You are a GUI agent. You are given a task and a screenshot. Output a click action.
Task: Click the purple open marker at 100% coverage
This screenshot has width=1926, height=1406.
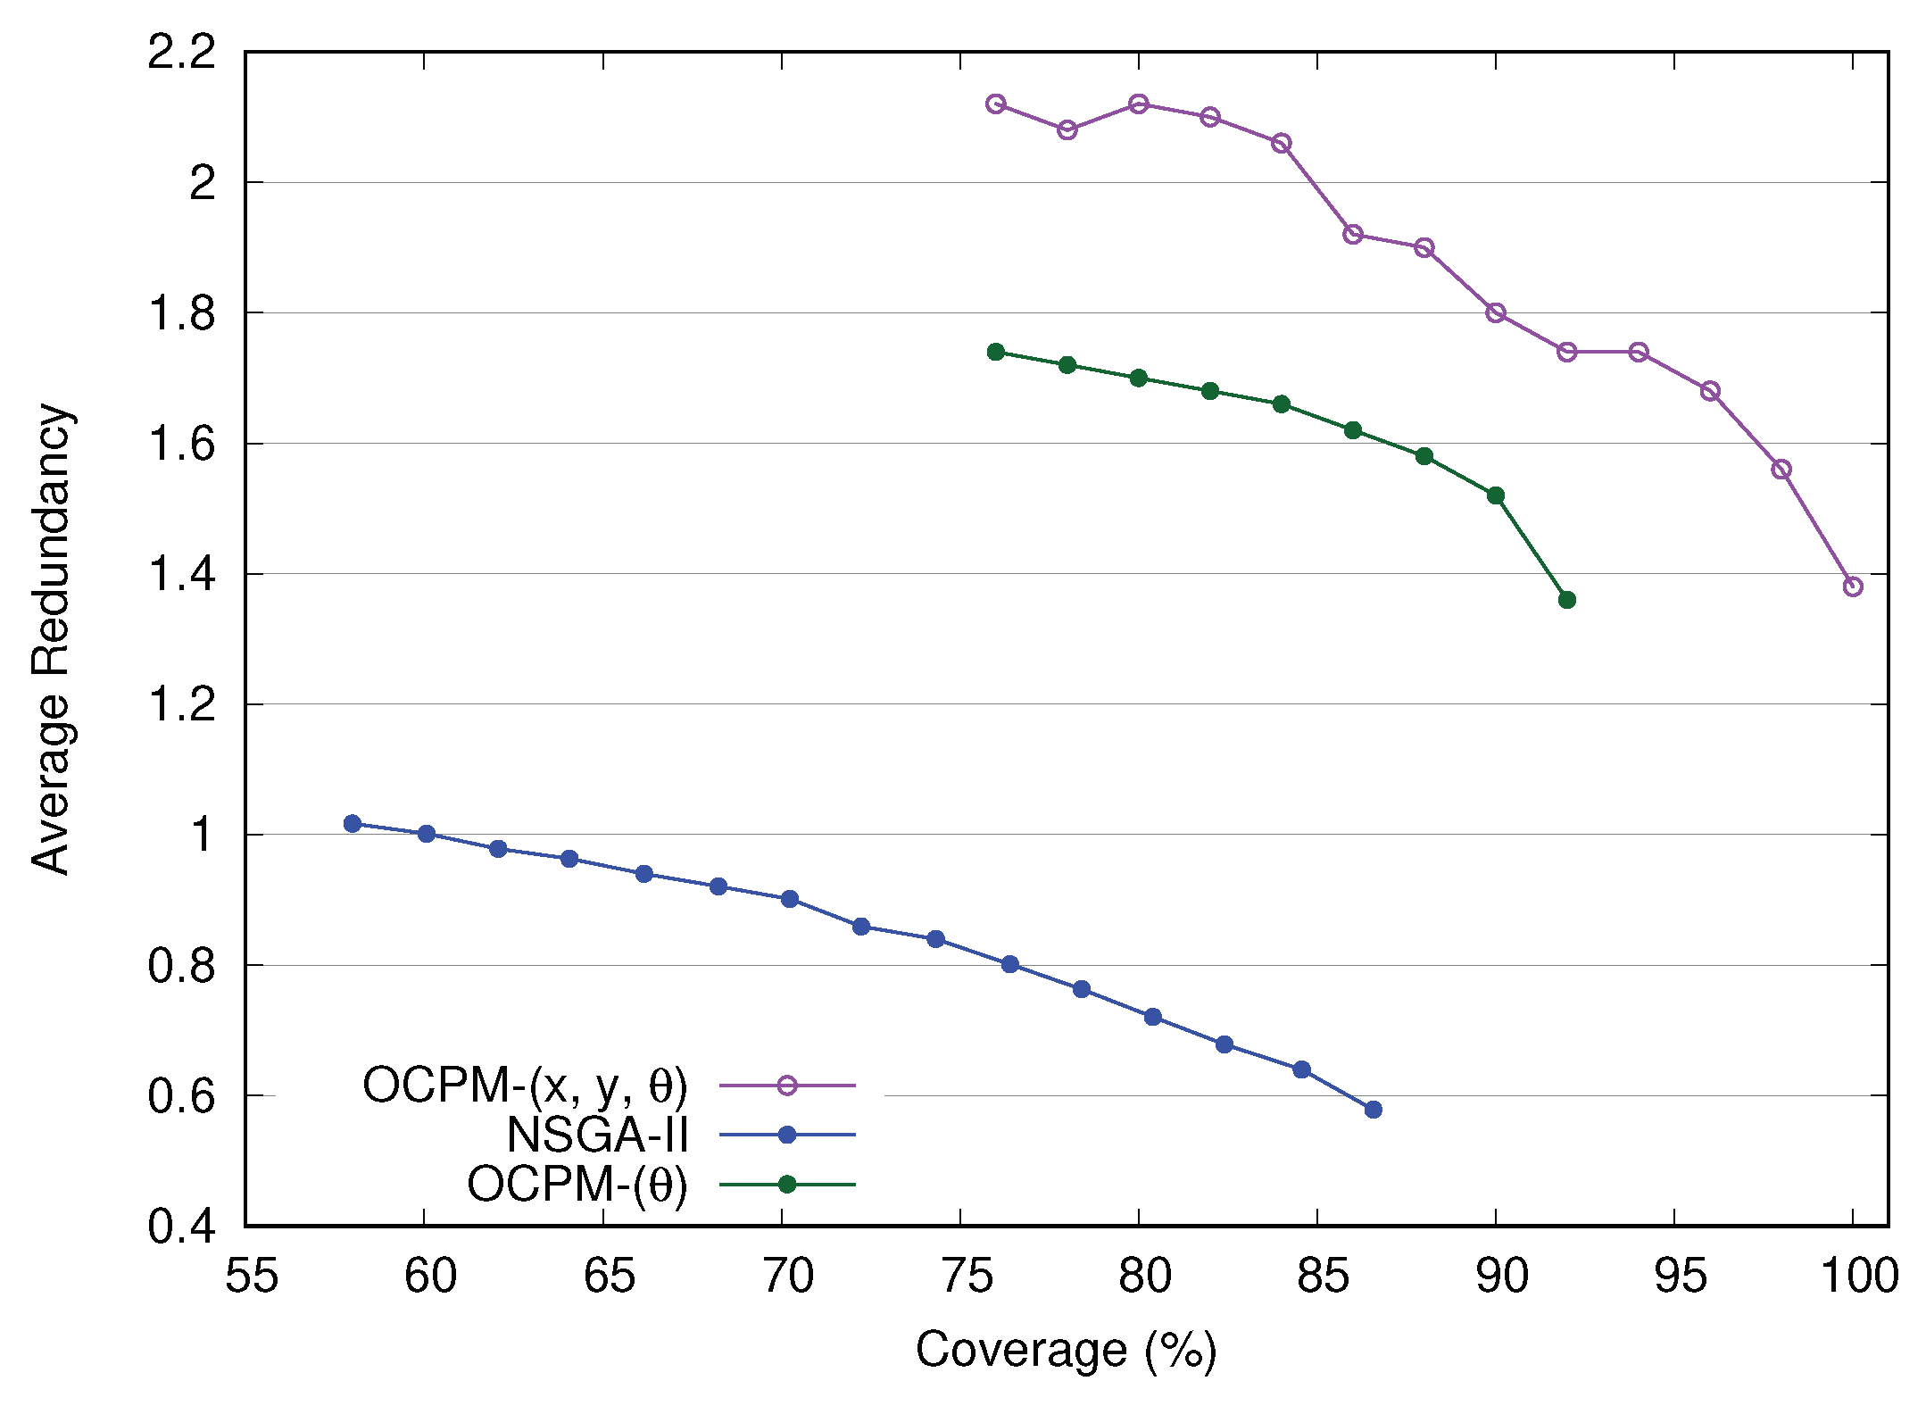(1852, 587)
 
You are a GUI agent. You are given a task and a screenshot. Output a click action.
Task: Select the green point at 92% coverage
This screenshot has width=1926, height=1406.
(1566, 600)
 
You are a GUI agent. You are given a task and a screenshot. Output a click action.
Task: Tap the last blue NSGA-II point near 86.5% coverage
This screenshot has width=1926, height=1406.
(1373, 1110)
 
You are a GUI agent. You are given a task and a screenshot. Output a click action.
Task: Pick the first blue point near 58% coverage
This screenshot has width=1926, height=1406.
(353, 823)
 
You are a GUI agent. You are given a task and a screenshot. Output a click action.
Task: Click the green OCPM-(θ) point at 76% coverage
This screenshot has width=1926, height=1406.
(996, 352)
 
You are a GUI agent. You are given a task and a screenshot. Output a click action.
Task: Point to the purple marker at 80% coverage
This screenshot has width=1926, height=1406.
(1138, 104)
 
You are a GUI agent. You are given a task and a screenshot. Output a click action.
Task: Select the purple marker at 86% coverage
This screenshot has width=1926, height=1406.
(1352, 235)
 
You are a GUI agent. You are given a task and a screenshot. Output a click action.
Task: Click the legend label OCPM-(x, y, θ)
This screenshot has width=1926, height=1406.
(525, 1086)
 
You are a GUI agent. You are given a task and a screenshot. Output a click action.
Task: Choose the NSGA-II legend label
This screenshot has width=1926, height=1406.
(597, 1136)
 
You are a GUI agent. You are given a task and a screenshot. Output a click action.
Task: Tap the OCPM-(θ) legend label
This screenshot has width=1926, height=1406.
(577, 1185)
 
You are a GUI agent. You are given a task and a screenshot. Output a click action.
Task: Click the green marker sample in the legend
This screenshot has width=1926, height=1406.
(786, 1185)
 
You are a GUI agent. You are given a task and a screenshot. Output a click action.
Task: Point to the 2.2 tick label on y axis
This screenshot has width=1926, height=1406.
(181, 52)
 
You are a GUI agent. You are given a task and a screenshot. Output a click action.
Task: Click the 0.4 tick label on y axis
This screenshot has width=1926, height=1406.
(181, 1227)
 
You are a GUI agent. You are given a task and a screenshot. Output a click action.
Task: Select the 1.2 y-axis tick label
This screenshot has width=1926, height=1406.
(181, 704)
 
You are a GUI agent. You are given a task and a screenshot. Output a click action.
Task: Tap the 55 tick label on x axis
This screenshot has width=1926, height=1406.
(251, 1277)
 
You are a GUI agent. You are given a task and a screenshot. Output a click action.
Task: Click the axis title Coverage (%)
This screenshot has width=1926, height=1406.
(1066, 1350)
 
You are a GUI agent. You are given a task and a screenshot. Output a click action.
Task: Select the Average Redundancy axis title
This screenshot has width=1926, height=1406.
(51, 639)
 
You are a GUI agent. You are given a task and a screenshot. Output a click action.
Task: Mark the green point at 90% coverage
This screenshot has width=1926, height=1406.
(1496, 495)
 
